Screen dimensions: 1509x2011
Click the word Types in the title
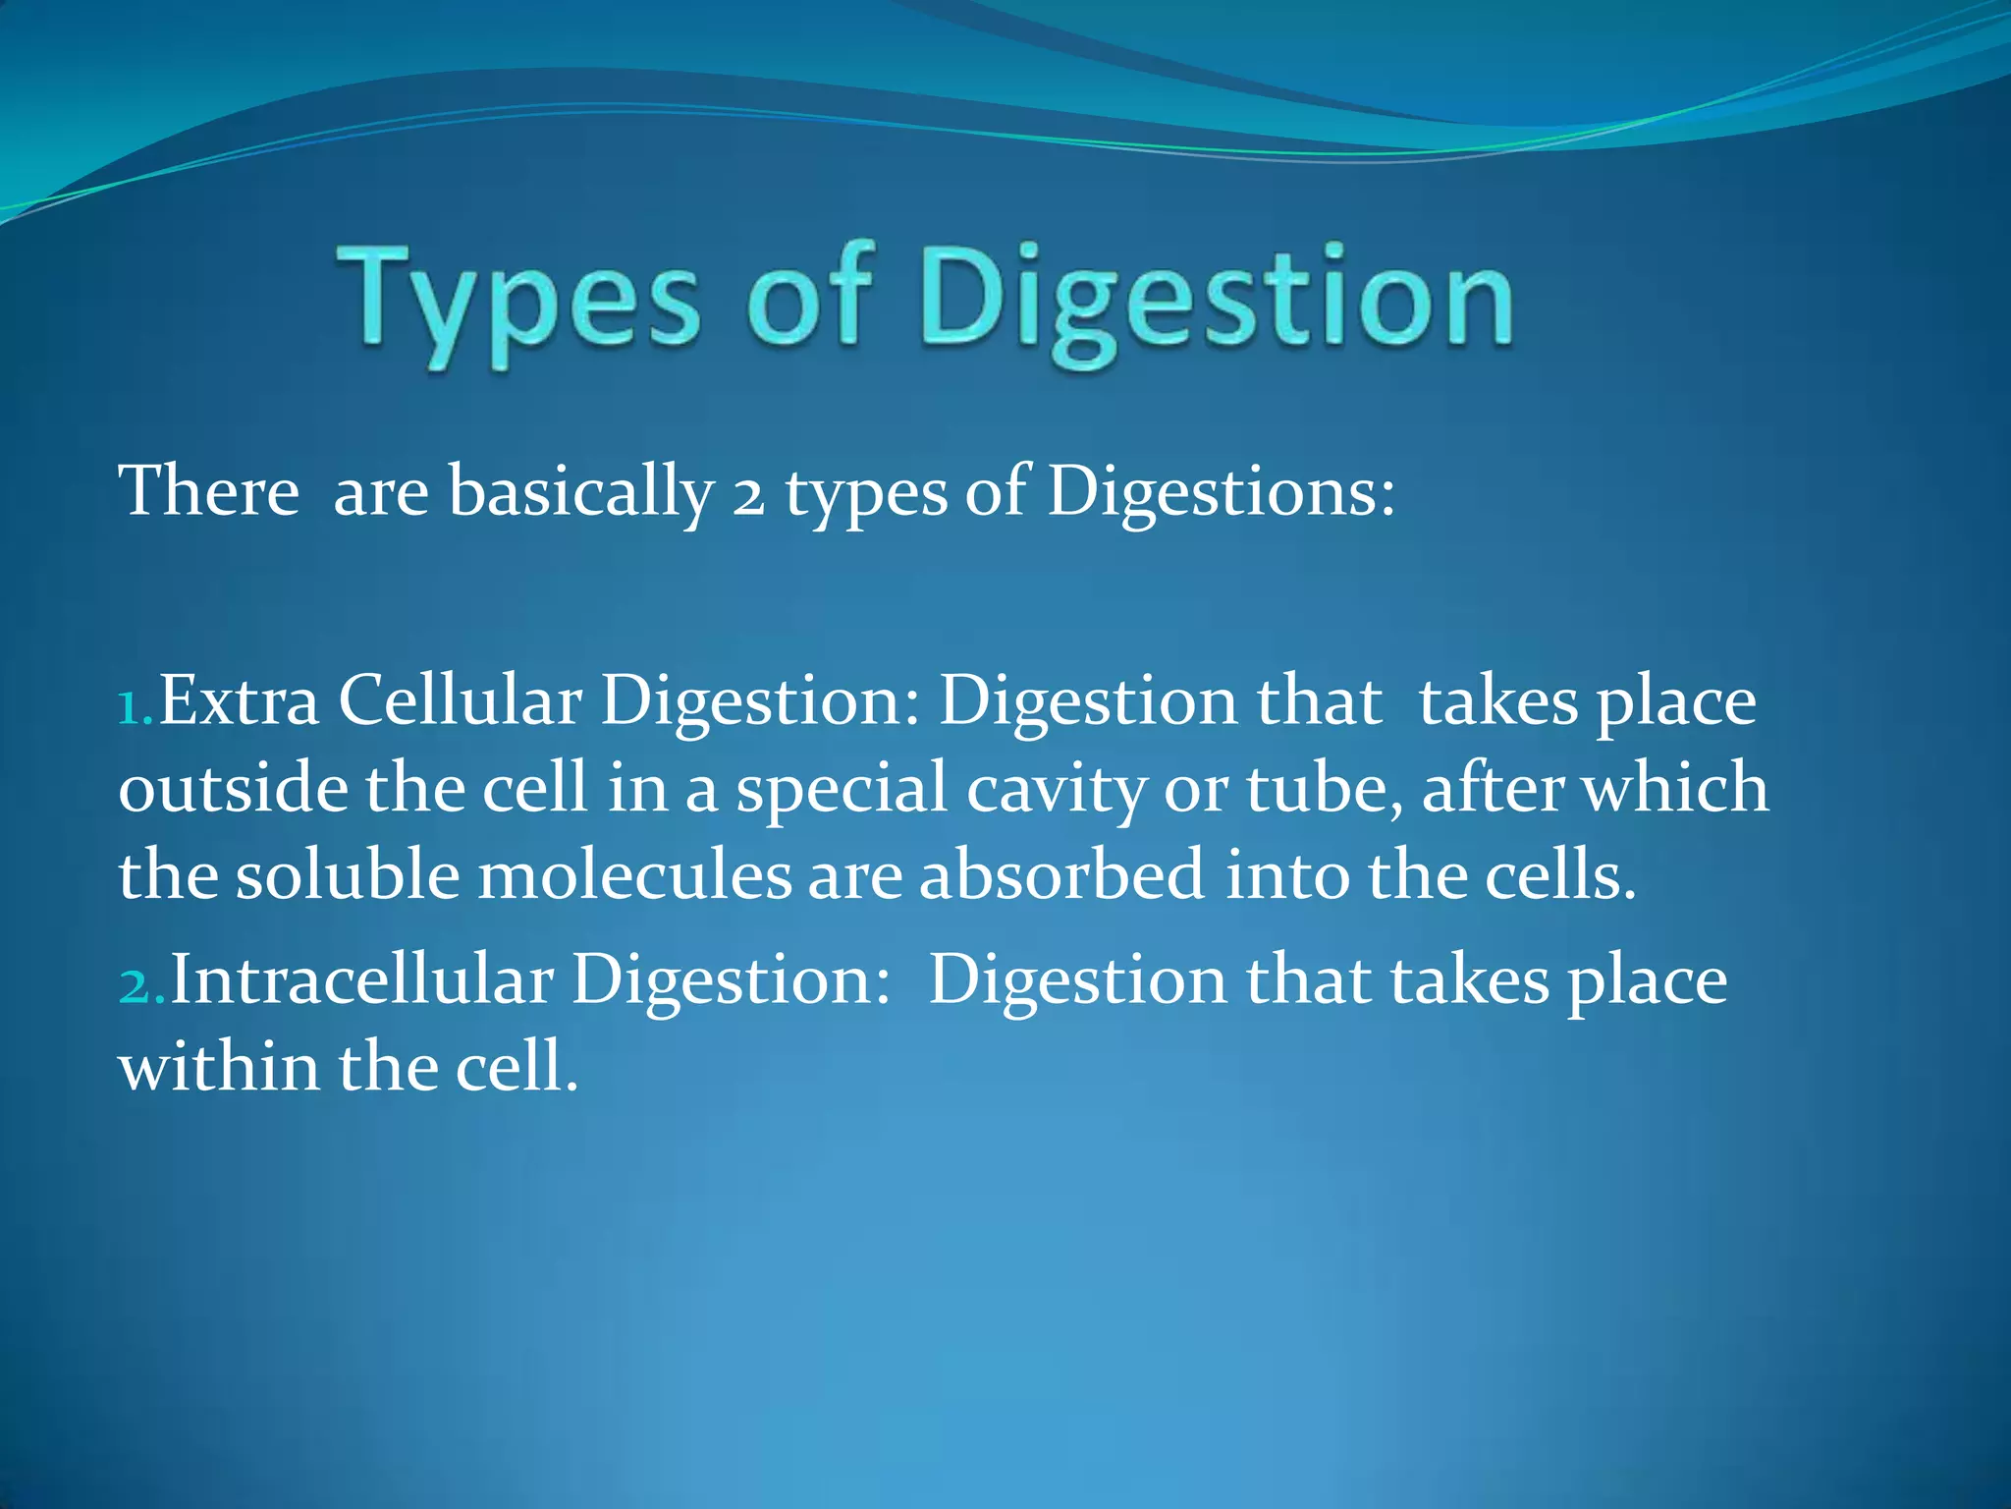(x=518, y=301)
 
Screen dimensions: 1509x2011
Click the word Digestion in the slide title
(x=1216, y=301)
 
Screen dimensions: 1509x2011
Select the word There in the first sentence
(x=208, y=490)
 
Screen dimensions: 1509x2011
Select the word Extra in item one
(x=239, y=701)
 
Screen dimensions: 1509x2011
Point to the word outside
(x=233, y=788)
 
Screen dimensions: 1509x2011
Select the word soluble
(x=348, y=874)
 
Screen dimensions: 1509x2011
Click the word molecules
(x=634, y=874)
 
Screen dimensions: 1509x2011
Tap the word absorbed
(x=1061, y=874)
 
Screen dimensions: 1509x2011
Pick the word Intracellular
(x=361, y=980)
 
